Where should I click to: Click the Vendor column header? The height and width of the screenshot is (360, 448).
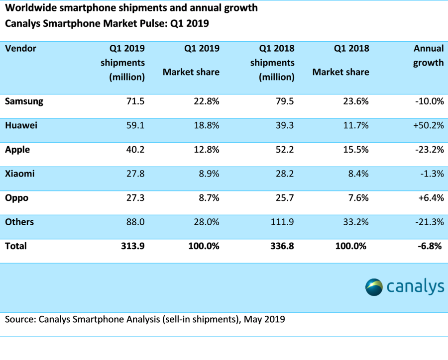click(20, 48)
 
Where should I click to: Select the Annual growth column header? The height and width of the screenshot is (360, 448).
click(428, 55)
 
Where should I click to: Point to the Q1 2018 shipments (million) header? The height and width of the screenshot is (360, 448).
click(272, 62)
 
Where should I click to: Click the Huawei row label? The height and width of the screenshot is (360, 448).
click(21, 126)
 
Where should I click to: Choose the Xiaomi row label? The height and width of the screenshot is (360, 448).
click(20, 174)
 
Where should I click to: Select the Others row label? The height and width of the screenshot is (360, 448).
click(19, 222)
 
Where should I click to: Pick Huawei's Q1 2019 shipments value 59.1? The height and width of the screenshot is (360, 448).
click(135, 126)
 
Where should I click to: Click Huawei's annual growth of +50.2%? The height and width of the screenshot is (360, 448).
click(428, 126)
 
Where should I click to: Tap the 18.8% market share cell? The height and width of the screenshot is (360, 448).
click(206, 126)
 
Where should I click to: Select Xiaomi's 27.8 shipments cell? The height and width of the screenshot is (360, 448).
click(135, 174)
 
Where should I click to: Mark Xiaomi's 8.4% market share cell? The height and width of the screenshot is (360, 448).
click(358, 174)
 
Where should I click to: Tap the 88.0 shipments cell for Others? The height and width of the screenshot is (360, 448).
click(135, 222)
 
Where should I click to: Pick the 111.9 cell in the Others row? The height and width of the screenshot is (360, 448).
click(282, 222)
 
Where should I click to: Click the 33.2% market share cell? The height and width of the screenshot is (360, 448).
click(355, 222)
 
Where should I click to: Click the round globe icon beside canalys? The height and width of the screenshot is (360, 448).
click(374, 287)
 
